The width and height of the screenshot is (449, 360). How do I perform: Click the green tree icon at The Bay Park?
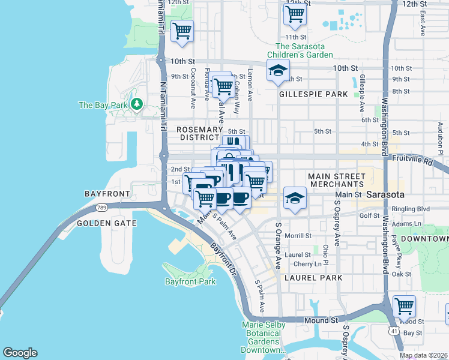point(137,105)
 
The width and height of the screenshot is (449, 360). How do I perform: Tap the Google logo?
point(20,353)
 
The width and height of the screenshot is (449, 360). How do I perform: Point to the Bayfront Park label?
point(190,281)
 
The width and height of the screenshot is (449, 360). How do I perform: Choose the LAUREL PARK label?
point(313,278)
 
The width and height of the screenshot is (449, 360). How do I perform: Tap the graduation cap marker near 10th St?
point(278,71)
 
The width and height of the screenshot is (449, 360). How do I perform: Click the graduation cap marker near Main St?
point(295,197)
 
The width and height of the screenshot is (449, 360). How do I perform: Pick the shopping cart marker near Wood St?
point(404,307)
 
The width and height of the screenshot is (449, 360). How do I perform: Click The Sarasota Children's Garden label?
point(304,50)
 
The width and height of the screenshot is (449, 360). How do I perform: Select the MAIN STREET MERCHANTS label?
point(336,179)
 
